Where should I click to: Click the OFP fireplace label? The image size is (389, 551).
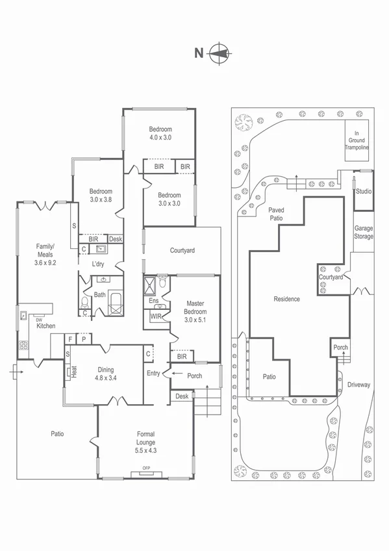coord(145,469)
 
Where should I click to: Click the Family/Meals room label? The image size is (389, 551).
coord(45,254)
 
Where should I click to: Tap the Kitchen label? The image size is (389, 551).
coord(45,326)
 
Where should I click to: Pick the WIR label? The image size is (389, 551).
coord(156,316)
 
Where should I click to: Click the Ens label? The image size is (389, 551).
coord(153,301)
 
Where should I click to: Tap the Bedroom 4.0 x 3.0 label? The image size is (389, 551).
coord(160,133)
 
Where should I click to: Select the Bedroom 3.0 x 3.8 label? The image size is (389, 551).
coord(101,196)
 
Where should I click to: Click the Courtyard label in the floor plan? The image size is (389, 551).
coord(182,250)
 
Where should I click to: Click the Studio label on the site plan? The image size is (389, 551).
coord(364,192)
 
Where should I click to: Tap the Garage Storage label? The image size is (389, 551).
coord(364,233)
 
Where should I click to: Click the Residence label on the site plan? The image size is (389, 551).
coord(286,299)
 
